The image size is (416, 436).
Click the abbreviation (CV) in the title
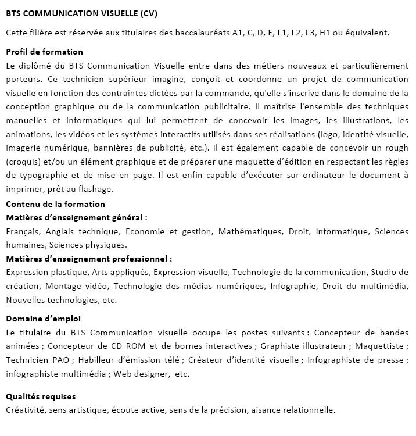[x=144, y=13]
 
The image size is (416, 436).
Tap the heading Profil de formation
[x=44, y=52]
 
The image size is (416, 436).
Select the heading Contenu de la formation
[x=55, y=204]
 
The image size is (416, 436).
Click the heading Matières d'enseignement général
[x=76, y=217]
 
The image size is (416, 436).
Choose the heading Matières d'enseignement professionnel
[x=88, y=259]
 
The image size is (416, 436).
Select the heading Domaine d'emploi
[x=43, y=319]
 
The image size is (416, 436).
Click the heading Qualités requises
[x=41, y=396]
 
